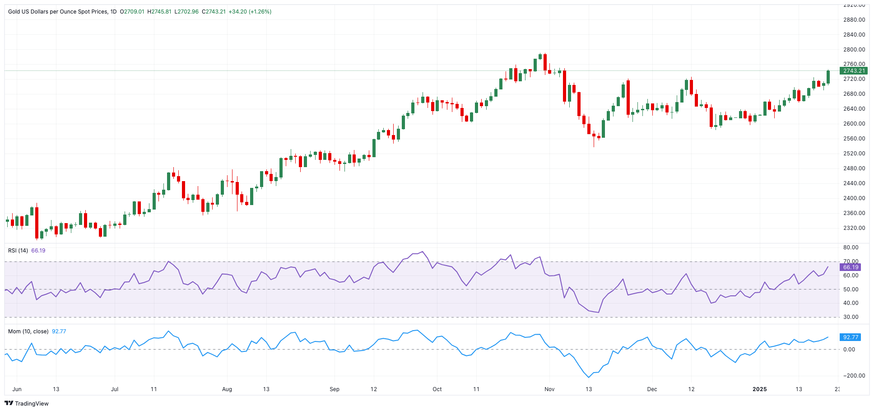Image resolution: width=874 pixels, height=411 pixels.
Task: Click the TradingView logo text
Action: pos(32,403)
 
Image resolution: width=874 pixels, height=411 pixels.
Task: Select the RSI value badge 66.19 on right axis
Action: pos(851,267)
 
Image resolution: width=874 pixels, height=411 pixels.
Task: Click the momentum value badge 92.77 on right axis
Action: pos(851,337)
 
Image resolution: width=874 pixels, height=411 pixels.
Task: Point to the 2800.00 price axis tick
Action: pos(854,50)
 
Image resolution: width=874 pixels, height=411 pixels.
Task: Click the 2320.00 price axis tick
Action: pos(854,228)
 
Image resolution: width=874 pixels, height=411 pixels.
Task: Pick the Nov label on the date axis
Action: pos(549,389)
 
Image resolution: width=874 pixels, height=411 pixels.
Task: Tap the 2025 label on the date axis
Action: pos(759,389)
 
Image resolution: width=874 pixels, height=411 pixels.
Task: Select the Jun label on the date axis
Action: pos(17,389)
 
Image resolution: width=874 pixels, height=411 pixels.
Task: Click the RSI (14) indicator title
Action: pos(18,251)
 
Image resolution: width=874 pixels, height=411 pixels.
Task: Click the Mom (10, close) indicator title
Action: pos(28,332)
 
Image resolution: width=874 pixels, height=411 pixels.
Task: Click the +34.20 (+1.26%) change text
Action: pos(250,12)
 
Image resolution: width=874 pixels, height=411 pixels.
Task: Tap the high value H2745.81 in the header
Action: pos(159,12)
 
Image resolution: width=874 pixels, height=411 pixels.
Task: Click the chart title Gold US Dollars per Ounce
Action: pos(58,12)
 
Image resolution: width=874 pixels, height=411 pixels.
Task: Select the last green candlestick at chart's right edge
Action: pos(828,77)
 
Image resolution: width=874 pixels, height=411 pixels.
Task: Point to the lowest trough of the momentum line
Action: pos(589,377)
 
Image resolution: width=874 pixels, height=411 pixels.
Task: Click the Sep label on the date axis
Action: pos(335,389)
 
